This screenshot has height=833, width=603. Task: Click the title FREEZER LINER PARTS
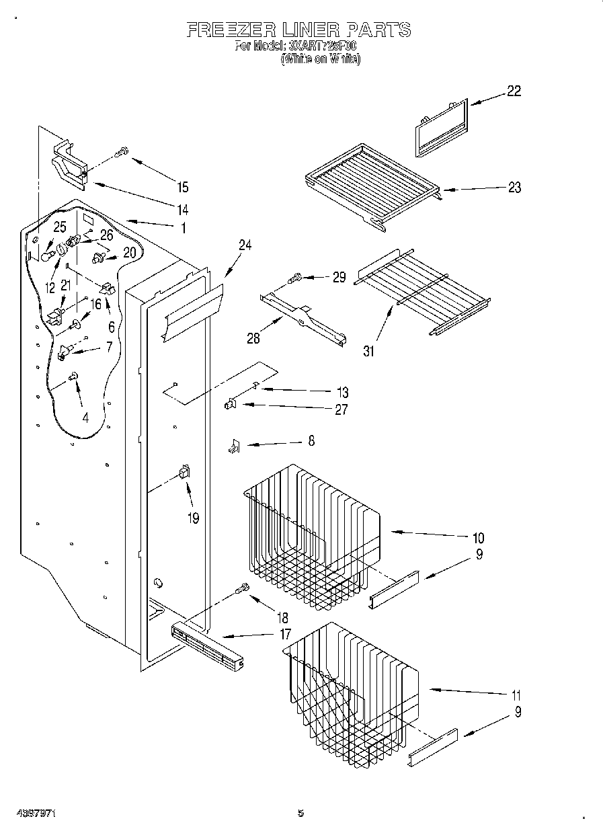(298, 30)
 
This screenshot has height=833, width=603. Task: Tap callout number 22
(513, 91)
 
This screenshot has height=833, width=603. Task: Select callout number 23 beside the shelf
(514, 188)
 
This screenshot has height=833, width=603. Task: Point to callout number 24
(245, 245)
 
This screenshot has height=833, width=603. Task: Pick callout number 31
(369, 350)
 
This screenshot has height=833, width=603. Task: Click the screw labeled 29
(294, 276)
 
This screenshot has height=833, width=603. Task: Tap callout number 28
(253, 338)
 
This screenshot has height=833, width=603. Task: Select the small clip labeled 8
(233, 445)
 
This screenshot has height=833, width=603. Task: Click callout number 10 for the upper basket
(478, 538)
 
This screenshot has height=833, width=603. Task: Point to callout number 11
(516, 695)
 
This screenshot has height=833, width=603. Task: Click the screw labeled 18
(241, 590)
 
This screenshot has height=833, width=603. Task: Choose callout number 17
(285, 633)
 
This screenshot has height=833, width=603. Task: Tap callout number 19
(194, 518)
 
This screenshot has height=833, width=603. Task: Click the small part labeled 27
(229, 403)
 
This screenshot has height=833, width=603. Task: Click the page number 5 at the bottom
(300, 814)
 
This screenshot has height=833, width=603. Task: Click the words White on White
(321, 58)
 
